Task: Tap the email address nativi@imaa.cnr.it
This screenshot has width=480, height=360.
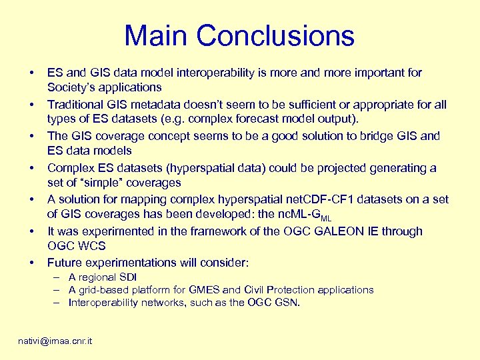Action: [x=55, y=341]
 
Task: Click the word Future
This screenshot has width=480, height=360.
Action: [x=65, y=263]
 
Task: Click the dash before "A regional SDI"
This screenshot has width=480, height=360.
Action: [x=59, y=277]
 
